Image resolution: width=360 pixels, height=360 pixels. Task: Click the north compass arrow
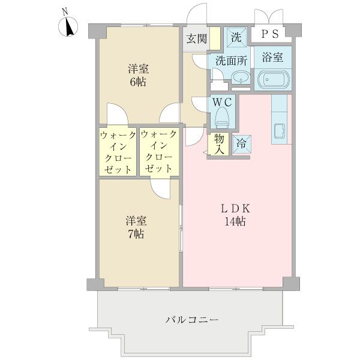[x=69, y=27]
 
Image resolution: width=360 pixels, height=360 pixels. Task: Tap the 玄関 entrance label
[x=196, y=40]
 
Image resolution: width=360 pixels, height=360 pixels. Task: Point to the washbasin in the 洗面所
[x=240, y=78]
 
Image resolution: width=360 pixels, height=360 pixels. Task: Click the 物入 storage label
[x=218, y=144]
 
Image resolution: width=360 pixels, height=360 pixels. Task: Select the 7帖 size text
[x=134, y=234]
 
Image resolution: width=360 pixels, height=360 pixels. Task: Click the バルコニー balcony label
[x=192, y=319]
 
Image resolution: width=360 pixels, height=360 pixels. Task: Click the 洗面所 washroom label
[x=230, y=61]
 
